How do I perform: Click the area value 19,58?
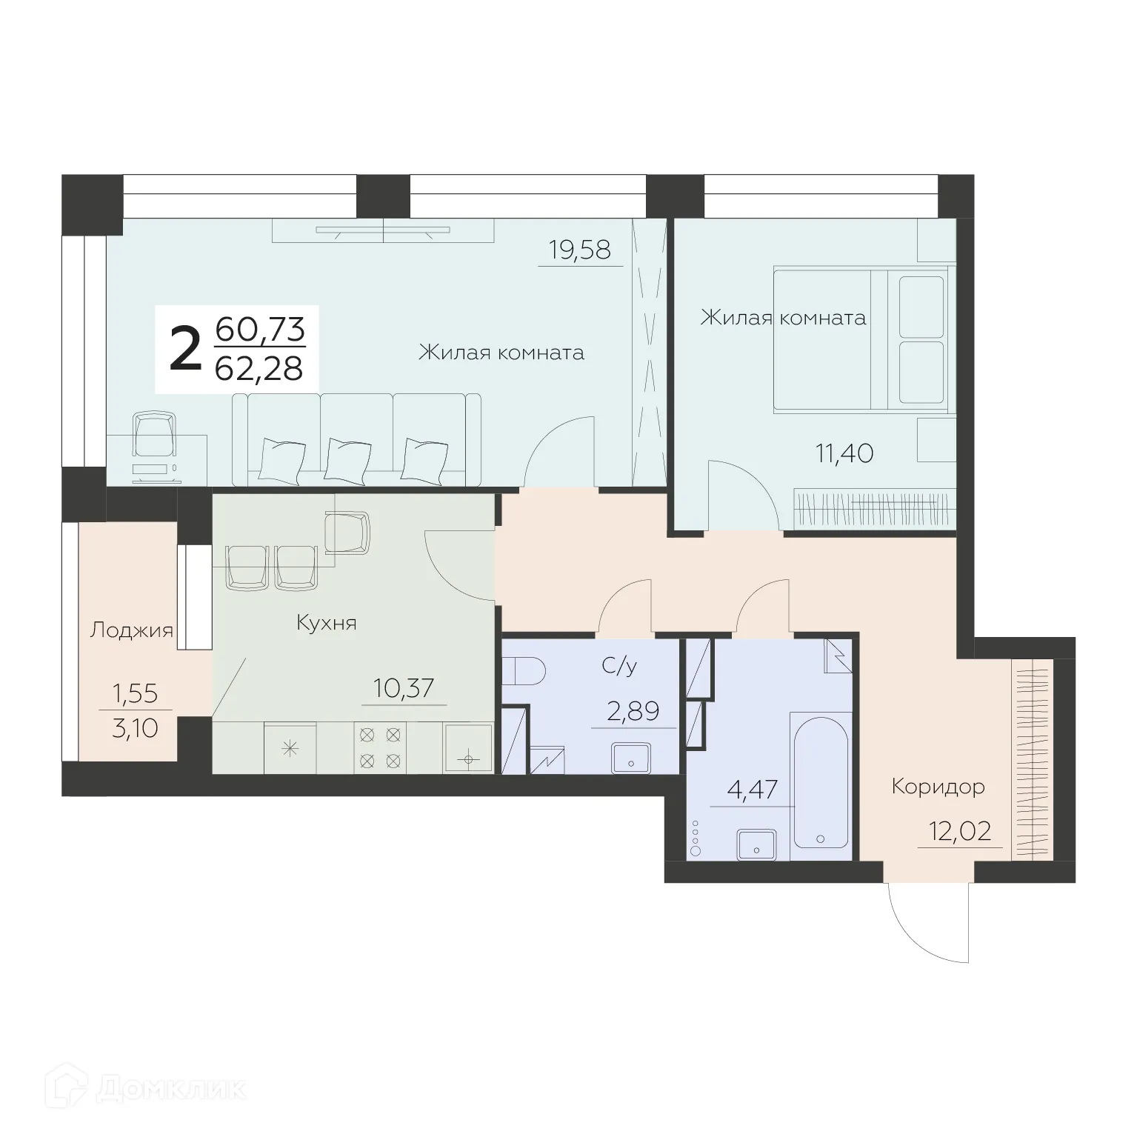coord(580,250)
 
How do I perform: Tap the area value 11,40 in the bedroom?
coord(844,453)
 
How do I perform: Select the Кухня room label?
coord(326,623)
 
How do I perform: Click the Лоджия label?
coord(131,630)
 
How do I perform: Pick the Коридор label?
coord(938,786)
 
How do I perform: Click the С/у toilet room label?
coord(619,667)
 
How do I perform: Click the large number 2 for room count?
coord(185,352)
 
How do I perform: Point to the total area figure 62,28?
coord(259,368)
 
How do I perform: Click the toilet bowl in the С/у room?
coord(525,673)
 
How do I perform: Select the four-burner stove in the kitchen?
coord(380,747)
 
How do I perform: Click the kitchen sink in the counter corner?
coord(467,748)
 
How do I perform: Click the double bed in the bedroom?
coord(859,340)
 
